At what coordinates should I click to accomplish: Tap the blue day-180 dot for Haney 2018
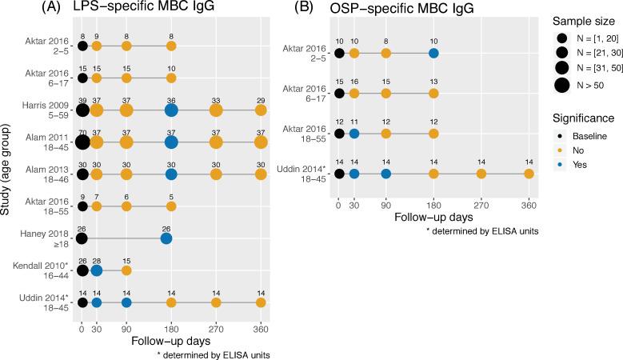(x=166, y=238)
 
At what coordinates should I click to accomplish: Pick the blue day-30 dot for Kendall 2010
(x=97, y=270)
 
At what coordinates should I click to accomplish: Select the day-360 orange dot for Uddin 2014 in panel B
(x=529, y=174)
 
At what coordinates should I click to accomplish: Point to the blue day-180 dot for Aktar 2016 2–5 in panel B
(x=433, y=54)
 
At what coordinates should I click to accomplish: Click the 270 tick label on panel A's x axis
(x=215, y=328)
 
